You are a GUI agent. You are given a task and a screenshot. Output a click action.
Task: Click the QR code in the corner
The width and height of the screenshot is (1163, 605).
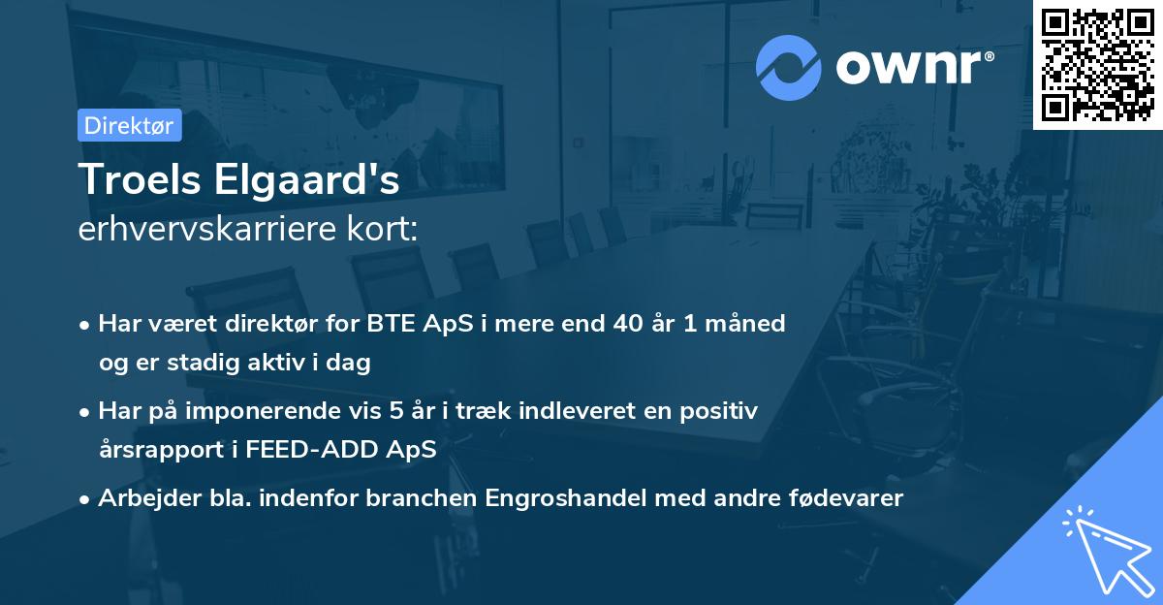[x=1098, y=64]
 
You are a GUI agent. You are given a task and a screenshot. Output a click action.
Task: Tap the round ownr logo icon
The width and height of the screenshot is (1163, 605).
[x=789, y=67]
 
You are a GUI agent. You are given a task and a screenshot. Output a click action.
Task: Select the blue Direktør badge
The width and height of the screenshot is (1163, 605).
[x=129, y=125]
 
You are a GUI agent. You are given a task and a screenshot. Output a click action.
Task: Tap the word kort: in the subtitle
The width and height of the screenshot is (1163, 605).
[x=385, y=230]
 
